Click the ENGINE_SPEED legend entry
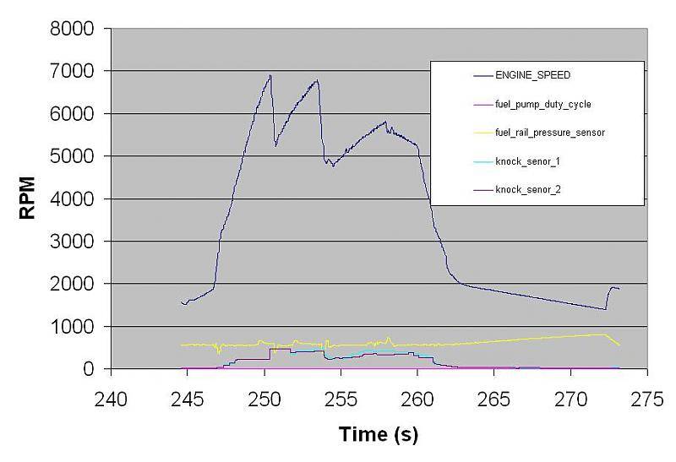point(532,75)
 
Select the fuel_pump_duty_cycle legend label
point(543,104)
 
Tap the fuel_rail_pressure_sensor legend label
point(550,133)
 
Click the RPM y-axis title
point(28,199)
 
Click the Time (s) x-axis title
point(379,434)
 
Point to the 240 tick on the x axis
point(112,397)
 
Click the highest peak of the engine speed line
point(270,75)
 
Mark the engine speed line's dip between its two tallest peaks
point(275,145)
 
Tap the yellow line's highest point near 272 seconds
point(603,334)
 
